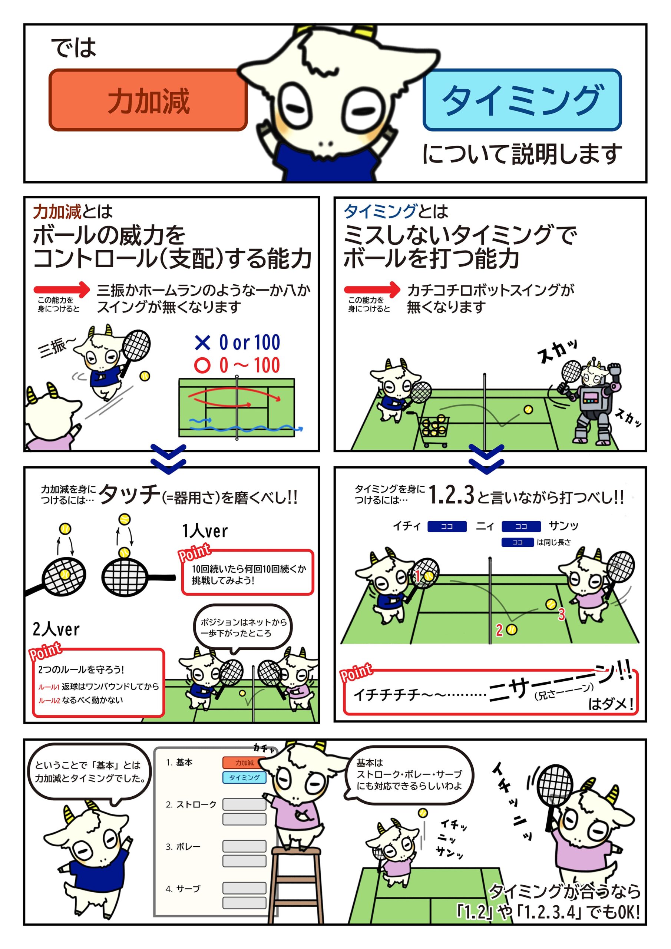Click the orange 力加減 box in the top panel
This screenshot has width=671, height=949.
point(148,100)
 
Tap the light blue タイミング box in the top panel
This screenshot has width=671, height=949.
point(522,100)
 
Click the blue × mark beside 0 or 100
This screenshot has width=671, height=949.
point(202,343)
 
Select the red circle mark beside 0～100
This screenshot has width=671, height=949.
point(202,366)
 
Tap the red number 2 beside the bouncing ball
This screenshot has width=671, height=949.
point(499,630)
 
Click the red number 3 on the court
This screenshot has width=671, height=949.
point(561,614)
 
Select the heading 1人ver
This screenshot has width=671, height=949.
point(205,531)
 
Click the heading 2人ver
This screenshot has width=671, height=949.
point(56,629)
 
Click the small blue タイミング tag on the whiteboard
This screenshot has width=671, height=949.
point(244,777)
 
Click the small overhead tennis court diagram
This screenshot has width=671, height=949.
point(237,407)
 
